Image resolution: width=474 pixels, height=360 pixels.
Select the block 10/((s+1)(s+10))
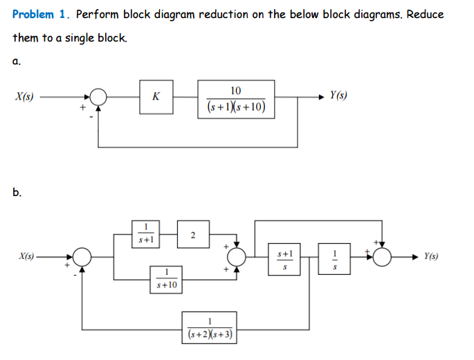[x=236, y=98]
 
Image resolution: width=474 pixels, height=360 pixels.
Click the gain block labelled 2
[x=192, y=235]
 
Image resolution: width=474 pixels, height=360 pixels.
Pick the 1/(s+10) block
[x=167, y=279]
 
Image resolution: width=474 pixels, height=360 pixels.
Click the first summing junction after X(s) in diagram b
[x=83, y=256]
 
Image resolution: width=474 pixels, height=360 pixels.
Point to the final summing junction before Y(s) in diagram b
[x=382, y=256]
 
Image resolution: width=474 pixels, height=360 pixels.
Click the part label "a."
[x=16, y=61]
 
